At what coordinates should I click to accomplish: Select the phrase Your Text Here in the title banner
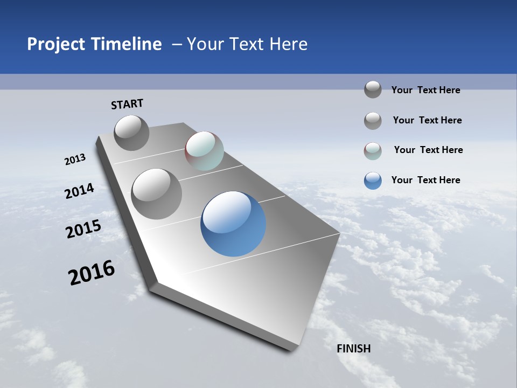point(247,44)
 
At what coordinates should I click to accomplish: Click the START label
point(127,104)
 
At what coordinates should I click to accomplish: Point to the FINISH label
point(354,349)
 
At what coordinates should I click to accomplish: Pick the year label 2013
point(75,160)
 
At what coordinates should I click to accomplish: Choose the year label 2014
point(79,191)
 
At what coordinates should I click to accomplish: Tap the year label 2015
point(83,229)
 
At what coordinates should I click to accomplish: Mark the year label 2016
point(92,273)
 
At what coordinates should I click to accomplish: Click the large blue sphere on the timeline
point(233,224)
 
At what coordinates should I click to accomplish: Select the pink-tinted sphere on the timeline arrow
point(204,151)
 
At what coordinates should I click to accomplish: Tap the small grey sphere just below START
point(131,133)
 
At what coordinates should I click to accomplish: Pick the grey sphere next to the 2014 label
point(157,193)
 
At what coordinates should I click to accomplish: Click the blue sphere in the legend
point(373,181)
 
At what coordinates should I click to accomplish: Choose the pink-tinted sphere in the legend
point(373,151)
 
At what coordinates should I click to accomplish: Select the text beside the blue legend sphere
point(425,180)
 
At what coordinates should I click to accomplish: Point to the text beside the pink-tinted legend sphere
point(428,150)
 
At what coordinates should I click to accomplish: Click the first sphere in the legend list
point(373,89)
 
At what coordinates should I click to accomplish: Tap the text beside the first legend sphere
point(425,90)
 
